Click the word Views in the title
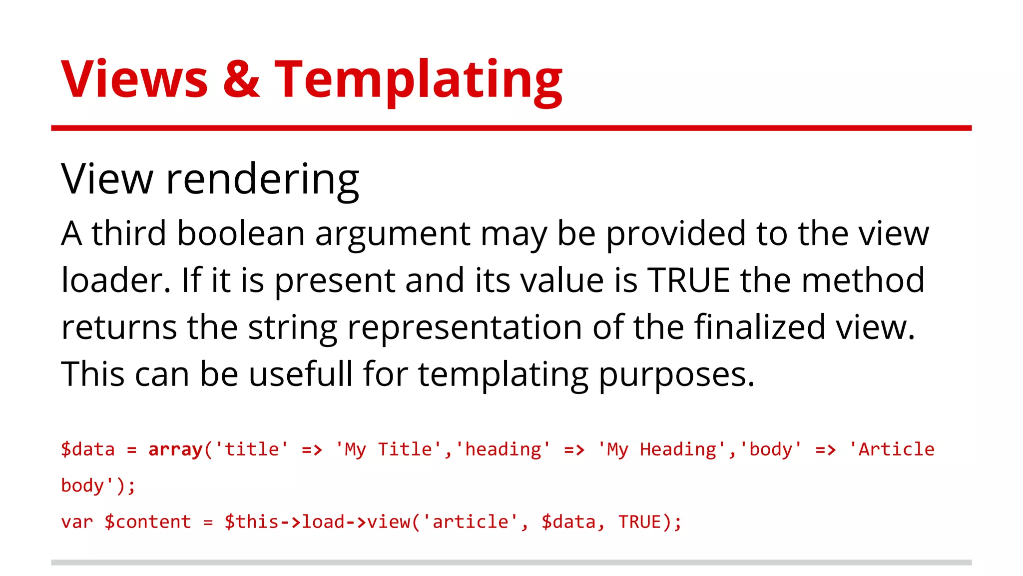click(x=134, y=79)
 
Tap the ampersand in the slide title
click(x=241, y=79)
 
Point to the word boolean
click(x=241, y=233)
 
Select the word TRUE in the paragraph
click(x=689, y=280)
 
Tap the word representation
click(x=465, y=328)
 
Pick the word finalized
click(x=760, y=327)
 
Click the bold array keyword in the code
click(x=175, y=449)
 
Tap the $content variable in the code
click(x=148, y=522)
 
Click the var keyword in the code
click(x=77, y=522)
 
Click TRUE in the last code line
click(x=640, y=522)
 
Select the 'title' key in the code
click(x=252, y=449)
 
